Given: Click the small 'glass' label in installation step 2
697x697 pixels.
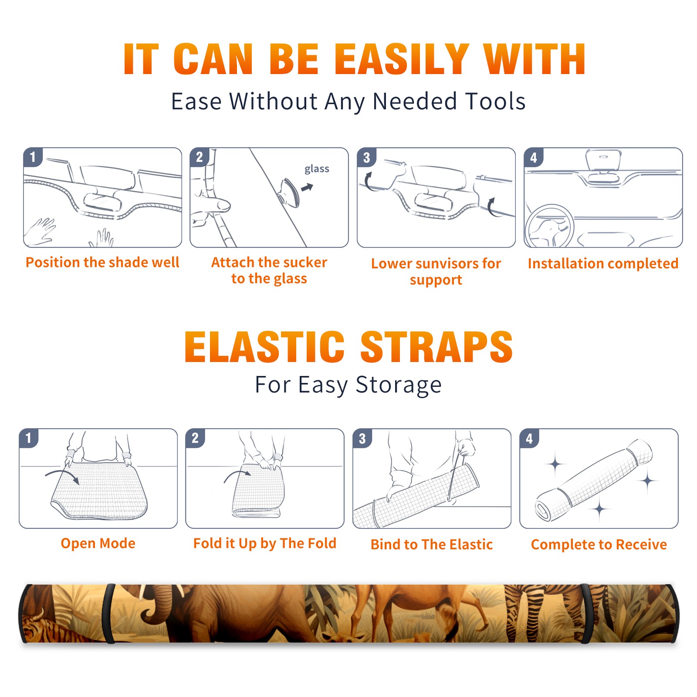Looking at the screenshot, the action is tap(317, 169).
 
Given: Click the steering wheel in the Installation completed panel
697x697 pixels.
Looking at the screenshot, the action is tap(550, 226).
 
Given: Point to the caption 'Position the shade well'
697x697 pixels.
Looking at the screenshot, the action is tap(102, 262).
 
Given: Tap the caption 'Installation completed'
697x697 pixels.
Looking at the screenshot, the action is tap(603, 263).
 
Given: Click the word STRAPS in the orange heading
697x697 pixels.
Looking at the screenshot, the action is tap(436, 347).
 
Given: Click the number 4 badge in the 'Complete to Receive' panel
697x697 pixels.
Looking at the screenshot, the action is tap(529, 438).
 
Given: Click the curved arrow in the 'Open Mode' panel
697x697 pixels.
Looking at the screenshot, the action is tap(63, 476).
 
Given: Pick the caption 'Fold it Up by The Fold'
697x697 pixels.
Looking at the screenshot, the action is tap(265, 543).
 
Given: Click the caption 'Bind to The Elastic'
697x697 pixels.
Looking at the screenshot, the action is tap(432, 545).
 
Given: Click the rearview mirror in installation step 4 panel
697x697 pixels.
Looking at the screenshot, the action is tap(603, 159).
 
